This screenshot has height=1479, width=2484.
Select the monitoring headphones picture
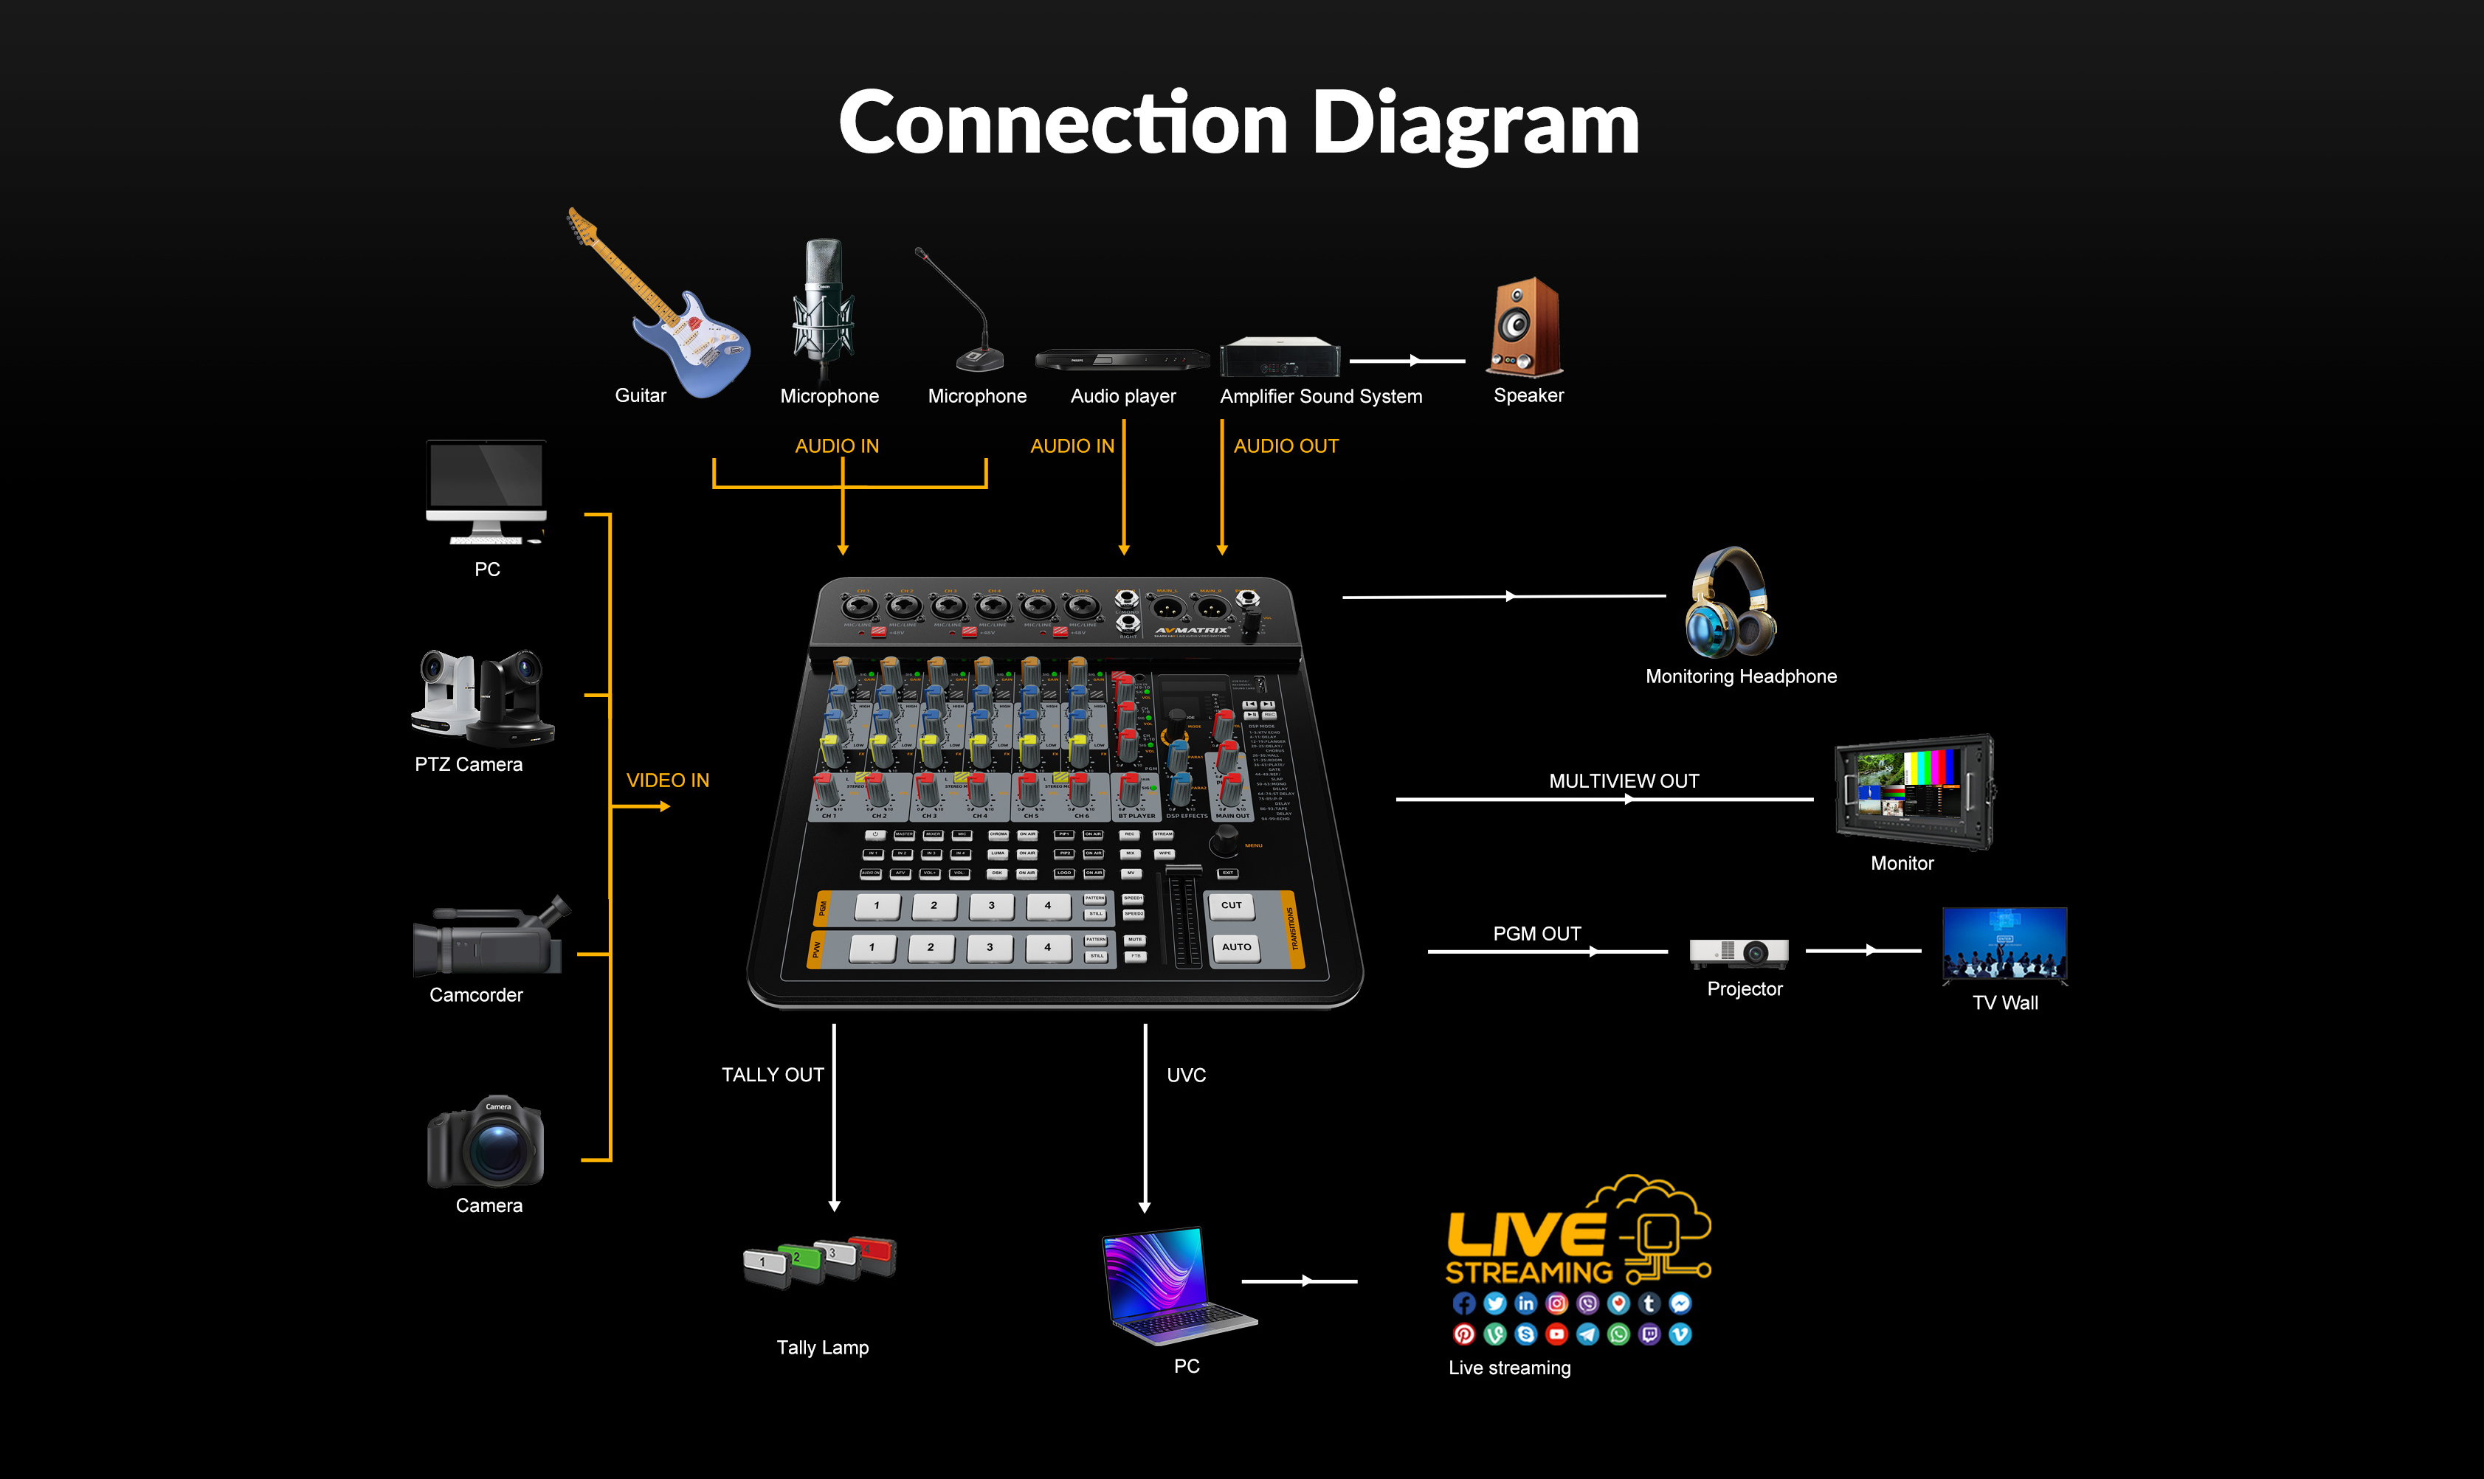pyautogui.click(x=1730, y=603)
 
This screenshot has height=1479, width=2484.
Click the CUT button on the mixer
pyautogui.click(x=1232, y=905)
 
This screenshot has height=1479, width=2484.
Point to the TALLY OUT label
pyautogui.click(x=773, y=1074)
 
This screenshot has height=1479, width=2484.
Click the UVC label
pyautogui.click(x=1186, y=1074)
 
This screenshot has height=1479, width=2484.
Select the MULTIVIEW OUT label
pyautogui.click(x=1624, y=781)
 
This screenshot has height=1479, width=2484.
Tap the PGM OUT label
pyautogui.click(x=1537, y=934)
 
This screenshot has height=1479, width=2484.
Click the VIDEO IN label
pyautogui.click(x=668, y=780)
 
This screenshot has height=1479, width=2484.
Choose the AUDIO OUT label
pyautogui.click(x=1286, y=446)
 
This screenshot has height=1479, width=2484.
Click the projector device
pyautogui.click(x=1739, y=953)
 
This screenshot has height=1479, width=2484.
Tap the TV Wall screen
pyautogui.click(x=2004, y=943)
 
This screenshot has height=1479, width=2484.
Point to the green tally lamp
pyautogui.click(x=798, y=1261)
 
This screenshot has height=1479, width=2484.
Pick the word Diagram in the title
pyautogui.click(x=1475, y=124)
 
